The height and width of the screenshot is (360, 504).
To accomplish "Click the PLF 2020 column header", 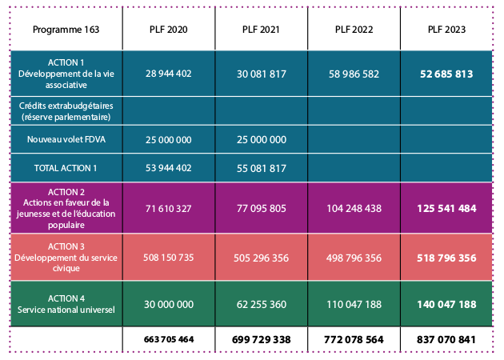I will pos(169,30).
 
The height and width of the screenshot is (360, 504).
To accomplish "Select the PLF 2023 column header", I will pos(446,30).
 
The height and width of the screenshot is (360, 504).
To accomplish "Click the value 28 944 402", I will pos(169,73).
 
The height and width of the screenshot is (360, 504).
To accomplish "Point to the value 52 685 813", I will pos(446,74).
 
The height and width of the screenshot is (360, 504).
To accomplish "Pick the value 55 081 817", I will pos(262,168).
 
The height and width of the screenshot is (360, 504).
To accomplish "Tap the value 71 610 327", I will pos(169,208).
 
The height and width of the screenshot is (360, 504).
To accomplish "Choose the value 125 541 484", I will pos(446,208).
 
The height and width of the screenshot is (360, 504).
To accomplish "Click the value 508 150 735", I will pos(169,258).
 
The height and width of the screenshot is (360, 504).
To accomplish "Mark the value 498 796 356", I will pos(354,258).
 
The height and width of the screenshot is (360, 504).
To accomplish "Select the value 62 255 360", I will pos(262,305).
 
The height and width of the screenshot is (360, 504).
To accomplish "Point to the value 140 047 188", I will pos(446,305).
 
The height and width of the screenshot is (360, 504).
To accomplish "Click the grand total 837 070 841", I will pos(446,340).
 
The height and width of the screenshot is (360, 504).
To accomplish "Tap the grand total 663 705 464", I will pos(169,340).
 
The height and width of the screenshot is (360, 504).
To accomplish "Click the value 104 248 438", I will pos(354,208).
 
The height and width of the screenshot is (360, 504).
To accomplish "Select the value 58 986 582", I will pos(354,73).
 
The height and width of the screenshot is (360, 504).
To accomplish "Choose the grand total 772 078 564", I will pos(354,340).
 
